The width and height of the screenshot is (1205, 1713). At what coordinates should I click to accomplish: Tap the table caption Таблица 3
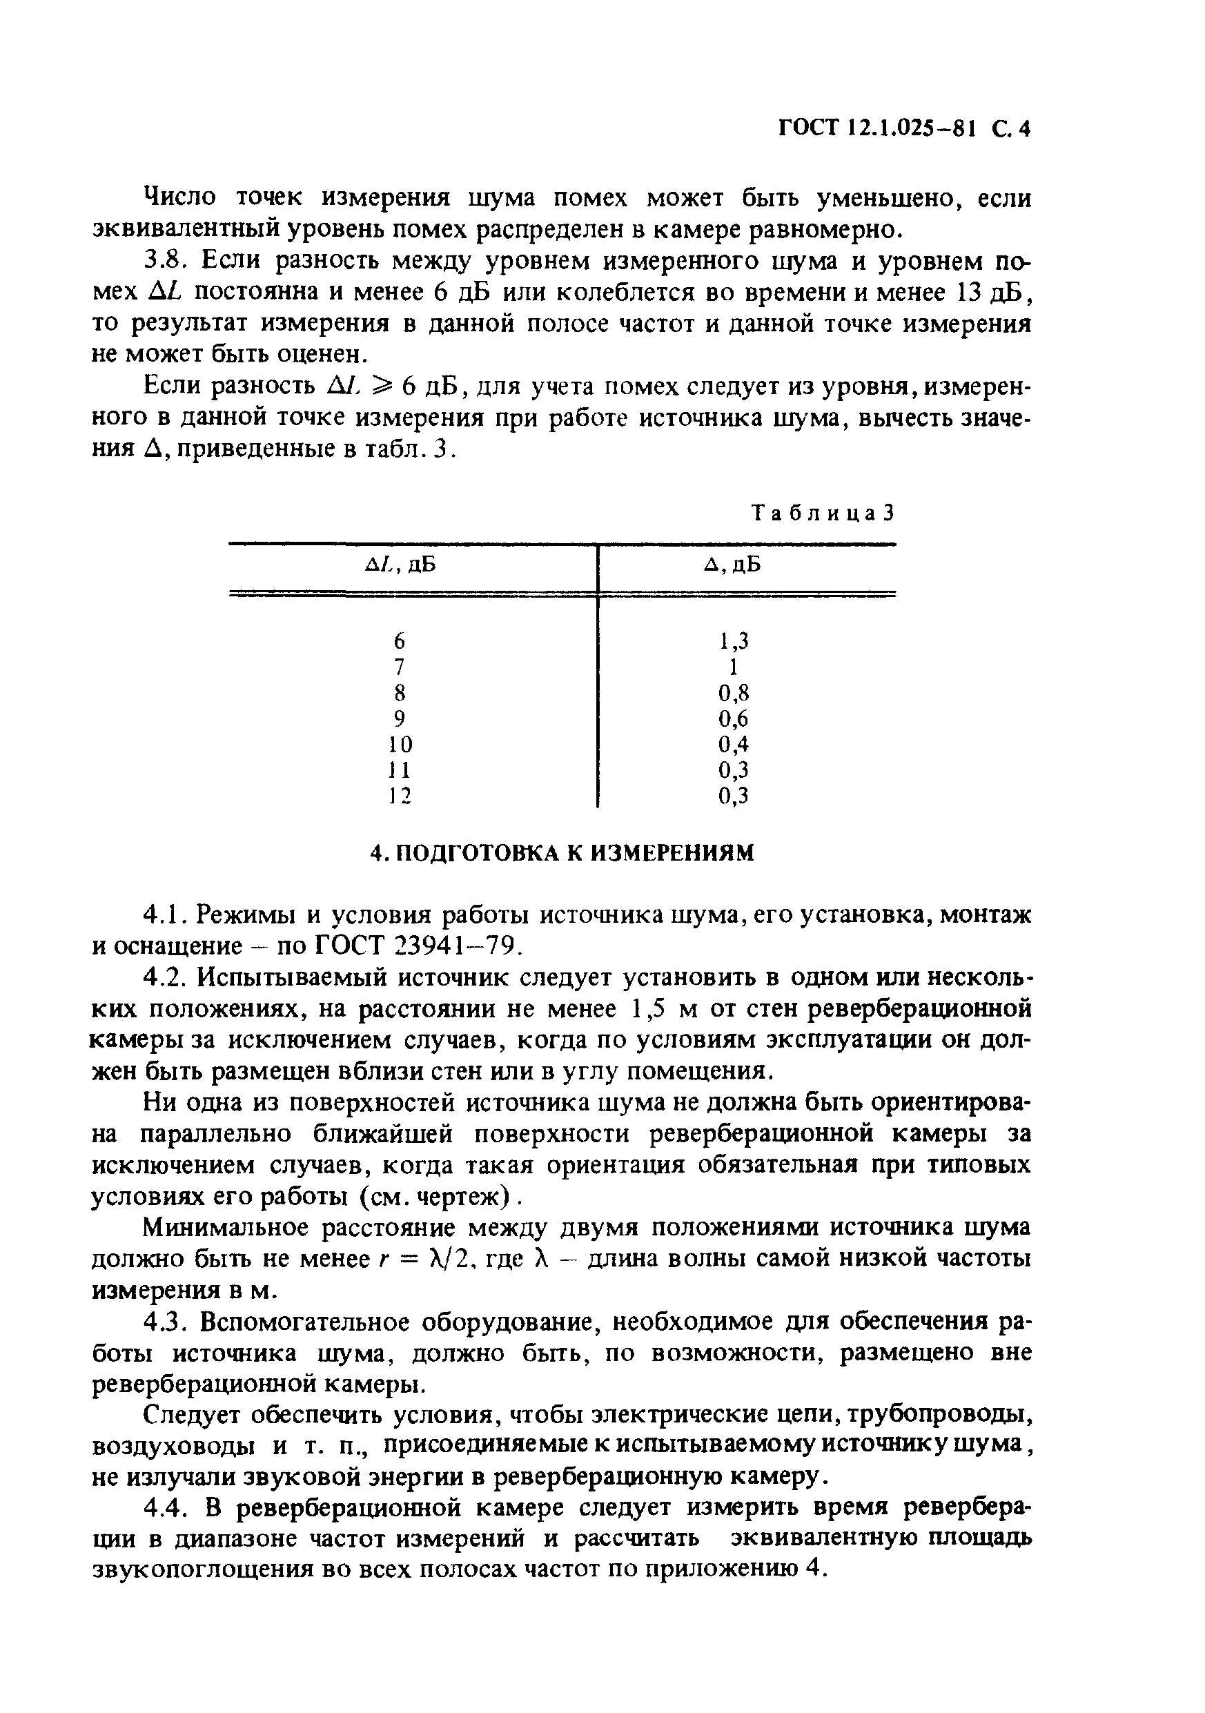pyautogui.click(x=823, y=513)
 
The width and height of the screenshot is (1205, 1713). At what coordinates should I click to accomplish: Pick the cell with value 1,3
pyautogui.click(x=734, y=640)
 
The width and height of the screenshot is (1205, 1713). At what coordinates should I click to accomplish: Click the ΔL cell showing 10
pyautogui.click(x=400, y=744)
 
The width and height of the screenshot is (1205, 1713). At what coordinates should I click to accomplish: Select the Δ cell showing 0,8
pyautogui.click(x=734, y=692)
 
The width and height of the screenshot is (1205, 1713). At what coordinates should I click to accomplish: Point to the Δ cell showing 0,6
pyautogui.click(x=734, y=718)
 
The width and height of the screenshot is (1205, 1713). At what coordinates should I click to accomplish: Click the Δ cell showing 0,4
pyautogui.click(x=734, y=744)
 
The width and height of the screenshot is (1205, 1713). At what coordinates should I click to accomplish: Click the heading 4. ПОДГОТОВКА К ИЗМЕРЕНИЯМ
pyautogui.click(x=562, y=852)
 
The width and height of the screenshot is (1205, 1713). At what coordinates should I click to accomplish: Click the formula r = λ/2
pyautogui.click(x=427, y=1260)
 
